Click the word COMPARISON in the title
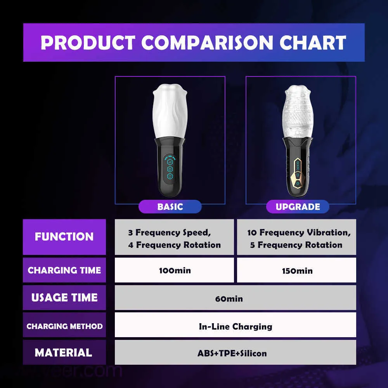click(207, 43)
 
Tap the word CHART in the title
click(313, 43)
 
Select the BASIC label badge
click(170, 207)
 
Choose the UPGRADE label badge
click(298, 207)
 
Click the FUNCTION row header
click(64, 237)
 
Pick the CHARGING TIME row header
click(64, 270)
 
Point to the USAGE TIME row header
click(64, 298)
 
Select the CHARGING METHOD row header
click(64, 326)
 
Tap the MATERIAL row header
click(64, 353)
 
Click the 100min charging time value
click(175, 270)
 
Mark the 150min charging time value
click(297, 271)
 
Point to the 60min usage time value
click(229, 299)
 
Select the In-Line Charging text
click(236, 327)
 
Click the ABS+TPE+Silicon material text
click(232, 353)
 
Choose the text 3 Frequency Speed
click(169, 232)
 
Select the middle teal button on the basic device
click(170, 169)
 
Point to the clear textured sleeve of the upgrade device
click(298, 111)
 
